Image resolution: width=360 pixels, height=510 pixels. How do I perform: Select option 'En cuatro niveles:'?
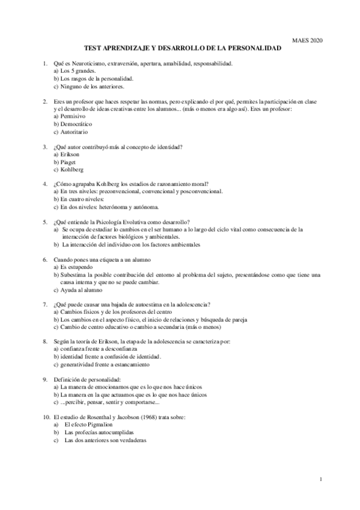click(x=79, y=199)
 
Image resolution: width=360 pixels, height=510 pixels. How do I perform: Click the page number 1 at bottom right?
click(x=322, y=479)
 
